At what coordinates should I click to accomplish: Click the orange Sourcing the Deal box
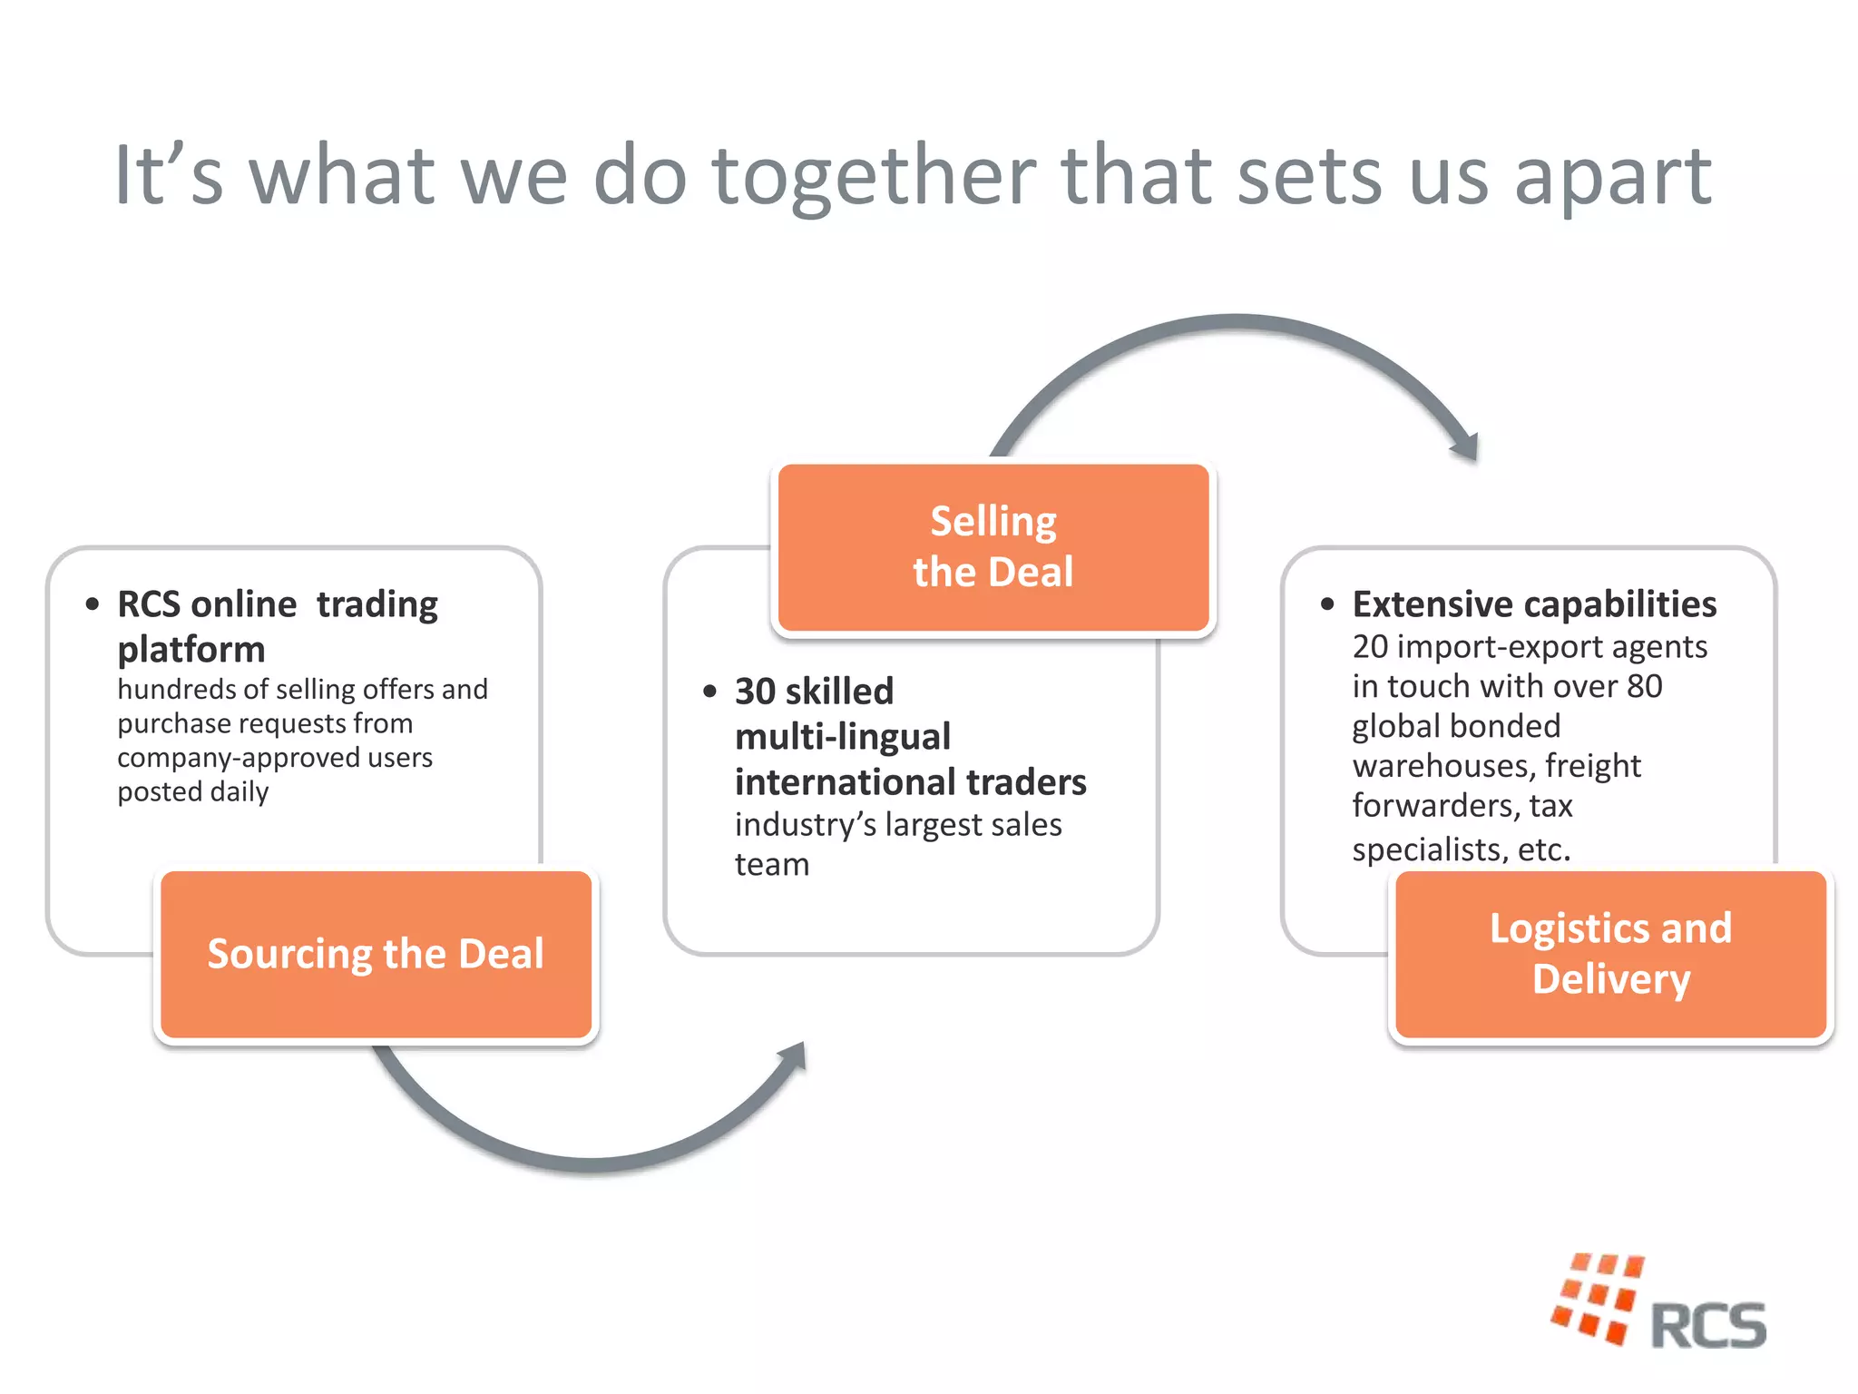(376, 954)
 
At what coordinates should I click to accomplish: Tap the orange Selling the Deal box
(993, 547)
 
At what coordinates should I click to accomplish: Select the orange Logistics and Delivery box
(1610, 954)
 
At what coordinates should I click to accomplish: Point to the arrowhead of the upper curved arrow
(1466, 446)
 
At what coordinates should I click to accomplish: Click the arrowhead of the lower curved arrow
(792, 1057)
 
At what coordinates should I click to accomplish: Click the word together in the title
(874, 176)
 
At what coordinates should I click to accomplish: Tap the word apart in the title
(1612, 178)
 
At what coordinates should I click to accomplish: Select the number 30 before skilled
(756, 692)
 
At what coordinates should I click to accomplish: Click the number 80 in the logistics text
(1644, 687)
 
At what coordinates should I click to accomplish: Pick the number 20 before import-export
(1370, 647)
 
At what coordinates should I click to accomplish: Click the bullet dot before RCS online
(93, 604)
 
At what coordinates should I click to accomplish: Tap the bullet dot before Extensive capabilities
(1327, 604)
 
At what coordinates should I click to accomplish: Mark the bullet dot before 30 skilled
(709, 692)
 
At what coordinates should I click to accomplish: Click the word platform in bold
(191, 650)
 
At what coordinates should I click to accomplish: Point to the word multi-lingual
(843, 737)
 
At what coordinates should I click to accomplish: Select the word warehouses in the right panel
(1442, 767)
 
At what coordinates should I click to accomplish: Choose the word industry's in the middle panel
(805, 825)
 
